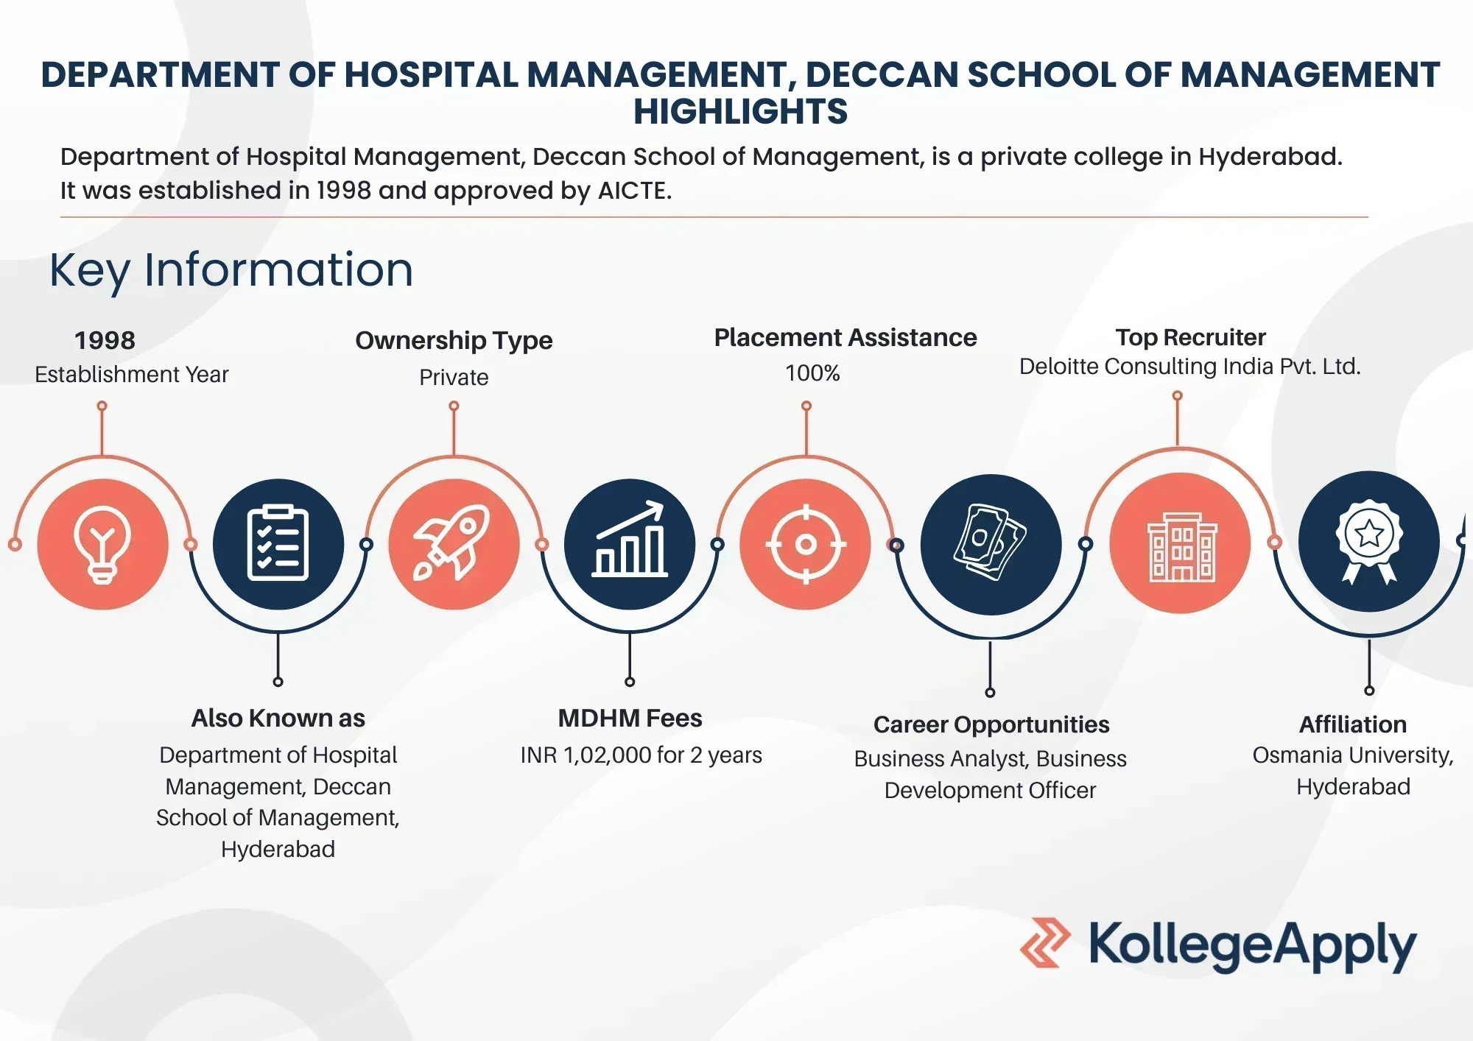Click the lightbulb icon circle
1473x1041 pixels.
click(x=102, y=544)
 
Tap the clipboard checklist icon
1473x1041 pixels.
click(x=278, y=544)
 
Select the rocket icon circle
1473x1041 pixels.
click(x=454, y=544)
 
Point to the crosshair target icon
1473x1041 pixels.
click(x=806, y=544)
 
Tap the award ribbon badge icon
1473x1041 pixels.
click(x=1369, y=542)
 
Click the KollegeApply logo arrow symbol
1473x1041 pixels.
click(x=1045, y=942)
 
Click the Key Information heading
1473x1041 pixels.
click(x=231, y=269)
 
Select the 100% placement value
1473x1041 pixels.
click(x=812, y=373)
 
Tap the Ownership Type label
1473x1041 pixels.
click(x=454, y=341)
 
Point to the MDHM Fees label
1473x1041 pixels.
click(x=630, y=718)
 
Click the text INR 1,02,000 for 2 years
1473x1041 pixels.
click(x=641, y=755)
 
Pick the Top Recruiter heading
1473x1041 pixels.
click(x=1190, y=337)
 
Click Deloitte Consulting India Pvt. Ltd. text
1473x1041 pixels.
click(x=1190, y=367)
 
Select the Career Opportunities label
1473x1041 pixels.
click(x=991, y=724)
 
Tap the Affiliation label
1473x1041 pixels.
click(x=1353, y=724)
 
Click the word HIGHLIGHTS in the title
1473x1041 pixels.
click(x=741, y=112)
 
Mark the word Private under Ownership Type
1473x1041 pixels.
click(x=454, y=378)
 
